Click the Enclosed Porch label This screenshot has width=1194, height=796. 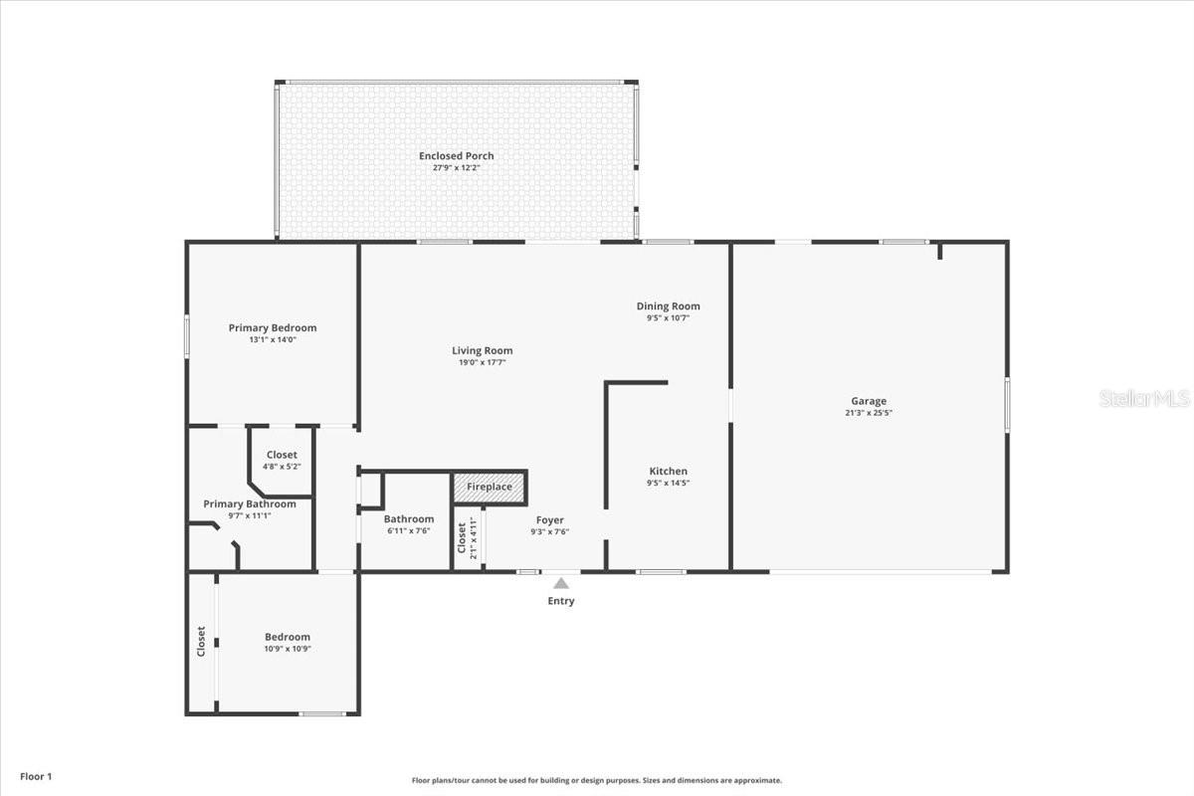pyautogui.click(x=456, y=155)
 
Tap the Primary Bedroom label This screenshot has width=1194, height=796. pyautogui.click(x=273, y=328)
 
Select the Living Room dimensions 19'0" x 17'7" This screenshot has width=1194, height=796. pyautogui.click(x=483, y=363)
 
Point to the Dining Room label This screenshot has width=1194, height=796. pyautogui.click(x=668, y=306)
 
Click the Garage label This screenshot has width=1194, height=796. pyautogui.click(x=868, y=401)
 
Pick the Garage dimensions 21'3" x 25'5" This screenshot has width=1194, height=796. pyautogui.click(x=868, y=413)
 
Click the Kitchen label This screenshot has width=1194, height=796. pyautogui.click(x=668, y=471)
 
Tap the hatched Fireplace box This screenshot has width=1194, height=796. pyautogui.click(x=490, y=488)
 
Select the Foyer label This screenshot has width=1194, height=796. pyautogui.click(x=550, y=519)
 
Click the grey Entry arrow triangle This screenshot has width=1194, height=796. pyautogui.click(x=561, y=583)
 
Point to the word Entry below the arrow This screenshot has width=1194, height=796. pyautogui.click(x=561, y=601)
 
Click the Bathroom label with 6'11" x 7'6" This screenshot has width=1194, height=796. pyautogui.click(x=409, y=518)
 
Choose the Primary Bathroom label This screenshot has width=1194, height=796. pyautogui.click(x=250, y=503)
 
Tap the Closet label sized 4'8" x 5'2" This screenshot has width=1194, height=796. pyautogui.click(x=282, y=455)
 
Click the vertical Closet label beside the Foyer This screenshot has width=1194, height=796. pyautogui.click(x=462, y=538)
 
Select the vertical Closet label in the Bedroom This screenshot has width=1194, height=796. pyautogui.click(x=201, y=641)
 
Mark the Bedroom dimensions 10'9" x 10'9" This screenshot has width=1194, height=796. pyautogui.click(x=288, y=649)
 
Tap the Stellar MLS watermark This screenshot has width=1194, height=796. pyautogui.click(x=1144, y=399)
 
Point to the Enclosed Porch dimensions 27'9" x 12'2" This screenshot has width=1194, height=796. pyautogui.click(x=456, y=167)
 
